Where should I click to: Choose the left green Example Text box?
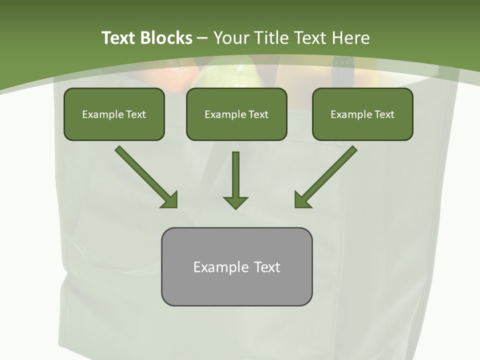pyautogui.click(x=114, y=114)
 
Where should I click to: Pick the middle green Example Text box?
pyautogui.click(x=236, y=114)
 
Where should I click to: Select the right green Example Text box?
pyautogui.click(x=362, y=114)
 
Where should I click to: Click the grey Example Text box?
pyautogui.click(x=236, y=266)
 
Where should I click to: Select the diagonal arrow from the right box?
pyautogui.click(x=327, y=175)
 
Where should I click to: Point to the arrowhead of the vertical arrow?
pyautogui.click(x=235, y=202)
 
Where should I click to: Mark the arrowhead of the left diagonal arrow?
pyautogui.click(x=170, y=200)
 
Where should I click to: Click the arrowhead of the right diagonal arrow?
pyautogui.click(x=302, y=200)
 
